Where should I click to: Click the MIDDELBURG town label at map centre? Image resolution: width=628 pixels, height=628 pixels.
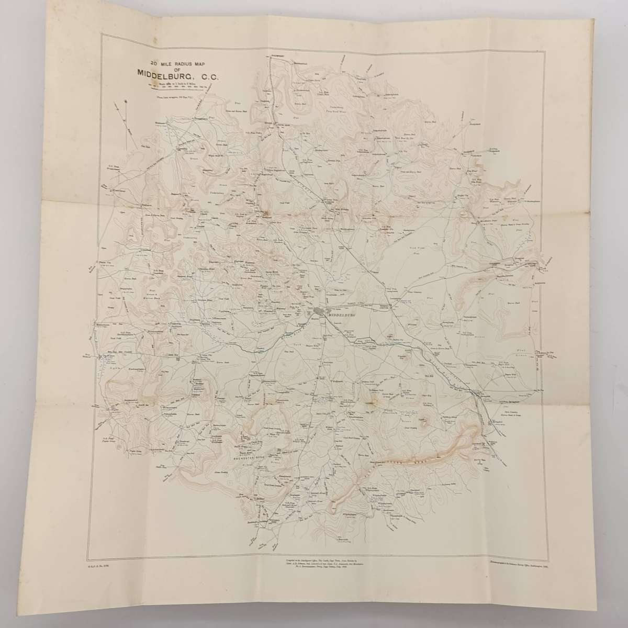pos(341,316)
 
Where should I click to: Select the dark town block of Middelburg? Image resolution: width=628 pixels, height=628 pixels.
pos(320,313)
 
